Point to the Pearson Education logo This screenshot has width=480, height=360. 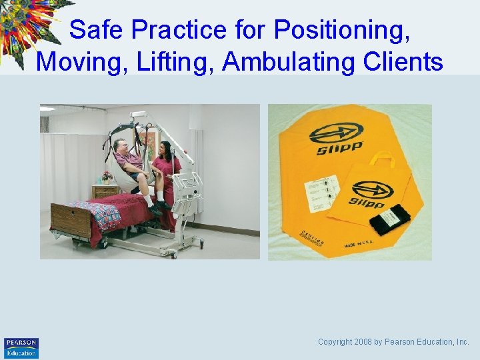click(21, 347)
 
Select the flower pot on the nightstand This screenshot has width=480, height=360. click(106, 177)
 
